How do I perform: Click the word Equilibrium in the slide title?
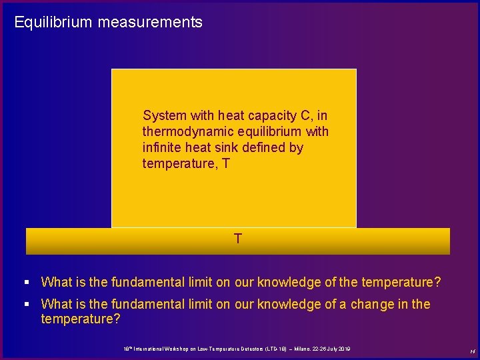point(53,23)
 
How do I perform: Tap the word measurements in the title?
point(150,23)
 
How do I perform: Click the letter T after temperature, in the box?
point(225,163)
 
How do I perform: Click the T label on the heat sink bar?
point(237,238)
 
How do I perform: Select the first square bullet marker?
point(27,283)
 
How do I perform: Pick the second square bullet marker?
point(27,305)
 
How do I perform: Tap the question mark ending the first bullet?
point(437,283)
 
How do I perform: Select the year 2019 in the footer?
point(345,349)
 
